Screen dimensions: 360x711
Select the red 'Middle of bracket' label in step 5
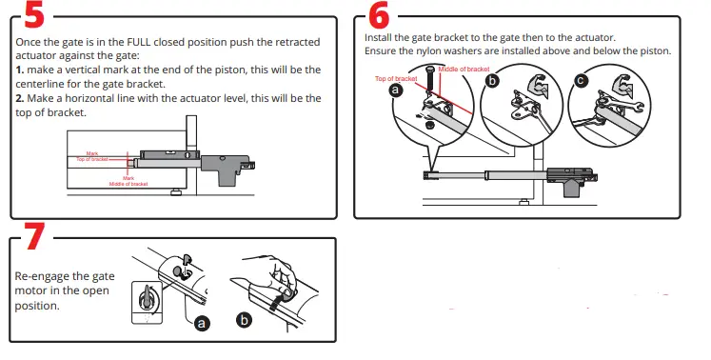128,183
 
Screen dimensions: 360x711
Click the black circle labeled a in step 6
396,92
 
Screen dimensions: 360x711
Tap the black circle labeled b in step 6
492,81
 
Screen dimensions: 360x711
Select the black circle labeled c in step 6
582,81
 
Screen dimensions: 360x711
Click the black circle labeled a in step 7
202,324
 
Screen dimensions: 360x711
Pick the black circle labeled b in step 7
245,321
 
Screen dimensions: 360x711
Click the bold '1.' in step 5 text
22,70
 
